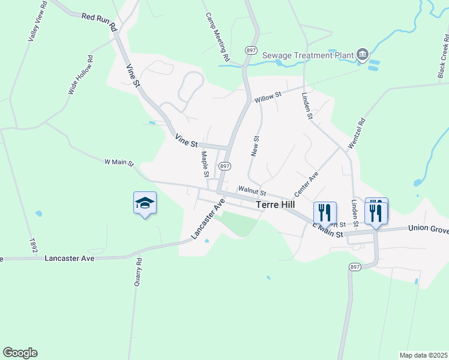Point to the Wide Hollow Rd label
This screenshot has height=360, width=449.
81,75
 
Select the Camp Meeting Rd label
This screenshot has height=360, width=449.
218,37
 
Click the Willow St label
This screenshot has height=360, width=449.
267,97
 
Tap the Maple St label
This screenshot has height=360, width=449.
205,164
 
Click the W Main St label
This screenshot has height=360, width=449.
119,162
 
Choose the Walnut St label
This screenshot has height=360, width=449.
252,190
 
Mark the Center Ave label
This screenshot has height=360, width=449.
306,185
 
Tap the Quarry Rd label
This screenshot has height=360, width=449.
139,271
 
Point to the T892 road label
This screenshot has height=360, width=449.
32,244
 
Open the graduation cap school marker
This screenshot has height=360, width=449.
145,203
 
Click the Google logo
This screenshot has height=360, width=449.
20,353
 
